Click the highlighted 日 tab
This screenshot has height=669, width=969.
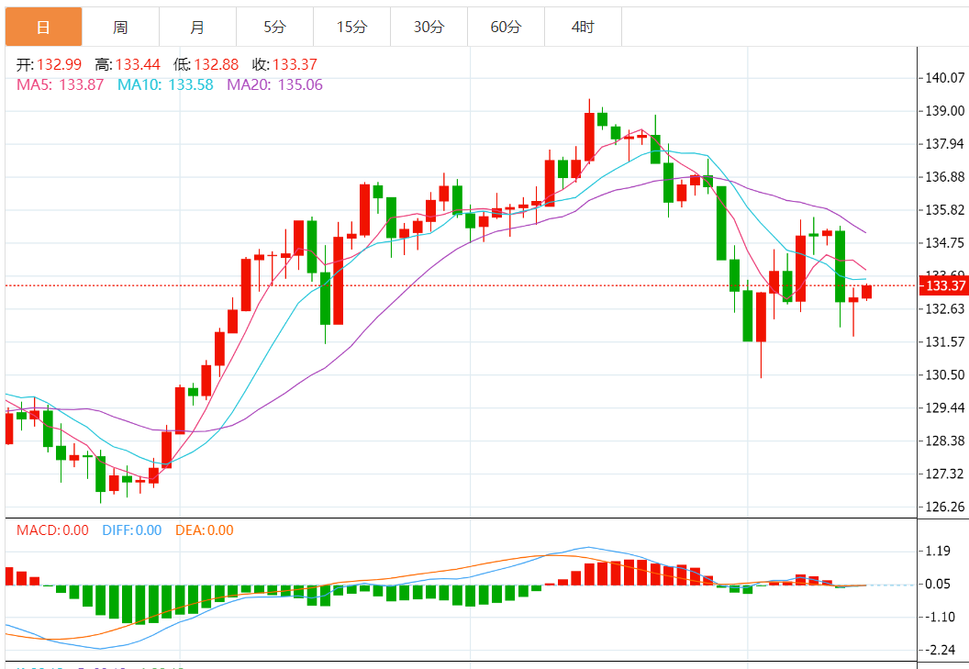coord(43,27)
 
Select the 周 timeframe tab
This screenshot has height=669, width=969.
coord(120,27)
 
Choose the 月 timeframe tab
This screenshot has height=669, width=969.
coord(197,27)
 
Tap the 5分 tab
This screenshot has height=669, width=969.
coord(274,27)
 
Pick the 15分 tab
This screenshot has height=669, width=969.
coord(351,27)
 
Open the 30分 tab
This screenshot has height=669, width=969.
coord(429,27)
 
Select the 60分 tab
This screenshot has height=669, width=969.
coord(506,27)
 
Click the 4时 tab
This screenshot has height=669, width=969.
coord(583,27)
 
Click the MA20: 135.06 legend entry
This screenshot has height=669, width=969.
coord(274,84)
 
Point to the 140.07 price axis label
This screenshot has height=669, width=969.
coord(945,78)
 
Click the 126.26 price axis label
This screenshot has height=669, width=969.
coord(945,507)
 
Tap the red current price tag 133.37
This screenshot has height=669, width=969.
coord(944,286)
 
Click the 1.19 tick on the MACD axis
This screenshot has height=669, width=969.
coord(938,552)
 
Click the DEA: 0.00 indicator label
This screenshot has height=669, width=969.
coord(204,530)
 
